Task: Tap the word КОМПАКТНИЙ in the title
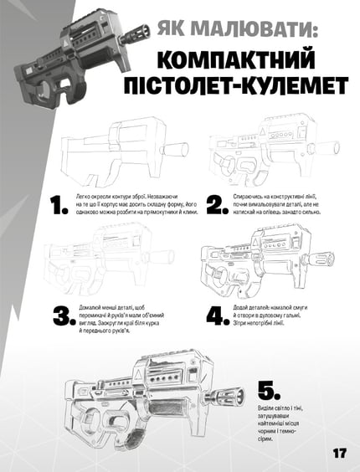[244, 64]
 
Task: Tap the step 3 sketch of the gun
[109, 268]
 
